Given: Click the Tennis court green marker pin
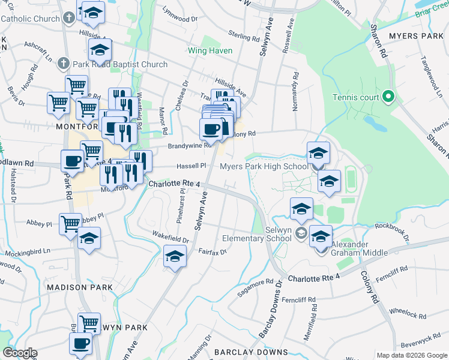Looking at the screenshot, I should coord(388,96).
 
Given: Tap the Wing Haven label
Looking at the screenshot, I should coord(209,50).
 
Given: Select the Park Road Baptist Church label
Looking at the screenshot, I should coord(120,64).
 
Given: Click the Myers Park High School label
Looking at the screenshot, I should coord(265,166).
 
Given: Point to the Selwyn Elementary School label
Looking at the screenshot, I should coord(259,233).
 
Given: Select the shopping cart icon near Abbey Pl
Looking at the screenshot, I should coord(70,223).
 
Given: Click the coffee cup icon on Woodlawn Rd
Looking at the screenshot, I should coord(72,160).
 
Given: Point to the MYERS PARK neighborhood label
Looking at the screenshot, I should coord(415,37).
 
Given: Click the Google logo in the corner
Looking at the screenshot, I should coord(20,353).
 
